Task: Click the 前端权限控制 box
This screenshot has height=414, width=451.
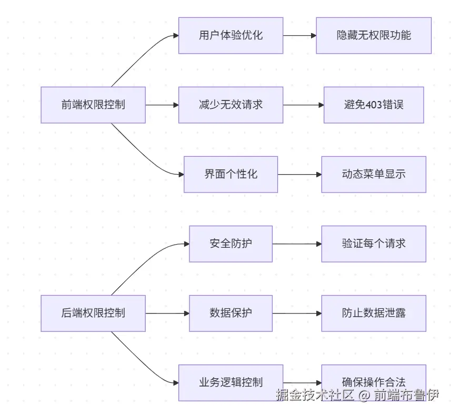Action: coord(93,105)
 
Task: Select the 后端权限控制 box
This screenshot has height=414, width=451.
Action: coord(93,313)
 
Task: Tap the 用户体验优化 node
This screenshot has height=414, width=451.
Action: coord(230,35)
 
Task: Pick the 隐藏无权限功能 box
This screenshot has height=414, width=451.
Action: coord(374,35)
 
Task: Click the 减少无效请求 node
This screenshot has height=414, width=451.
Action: coord(230,105)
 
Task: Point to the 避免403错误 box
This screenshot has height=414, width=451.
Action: coord(374,105)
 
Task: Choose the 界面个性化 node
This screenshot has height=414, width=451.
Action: coord(230,174)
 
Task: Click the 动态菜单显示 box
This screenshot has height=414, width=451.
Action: coord(374,174)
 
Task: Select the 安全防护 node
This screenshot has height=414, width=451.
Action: coord(230,244)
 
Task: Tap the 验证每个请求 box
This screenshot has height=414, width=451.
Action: coord(374,244)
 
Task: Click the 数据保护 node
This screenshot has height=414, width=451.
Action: coord(230,313)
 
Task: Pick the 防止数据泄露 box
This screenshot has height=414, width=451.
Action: coord(374,313)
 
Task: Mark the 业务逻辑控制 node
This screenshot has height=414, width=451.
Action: coord(230,382)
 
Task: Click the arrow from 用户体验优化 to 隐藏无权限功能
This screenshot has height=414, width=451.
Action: coord(299,35)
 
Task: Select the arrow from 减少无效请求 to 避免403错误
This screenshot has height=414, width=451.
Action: coord(303,105)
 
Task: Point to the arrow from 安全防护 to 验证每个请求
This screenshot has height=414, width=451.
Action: coord(297,244)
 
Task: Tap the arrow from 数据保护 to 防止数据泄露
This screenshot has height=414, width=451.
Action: coord(297,313)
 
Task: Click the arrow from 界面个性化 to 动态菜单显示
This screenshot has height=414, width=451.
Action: coord(299,174)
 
